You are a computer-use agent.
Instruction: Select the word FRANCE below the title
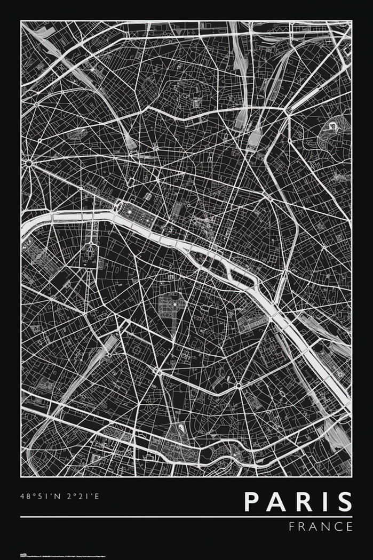point(321,526)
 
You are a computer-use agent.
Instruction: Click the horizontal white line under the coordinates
point(186,517)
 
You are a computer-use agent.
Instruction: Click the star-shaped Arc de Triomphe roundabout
point(28,162)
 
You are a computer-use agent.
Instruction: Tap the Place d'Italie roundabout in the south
point(238,385)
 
